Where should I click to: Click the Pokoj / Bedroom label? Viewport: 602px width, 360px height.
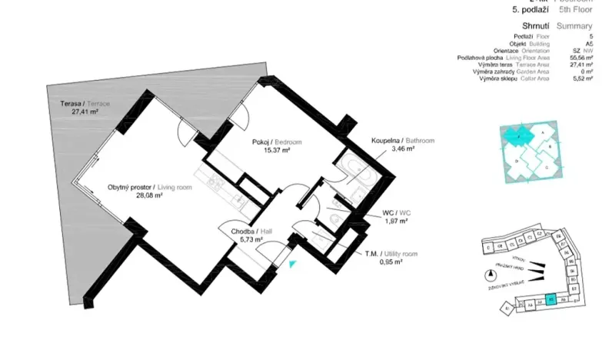pyautogui.click(x=277, y=142)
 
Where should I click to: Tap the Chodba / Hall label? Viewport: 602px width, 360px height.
pyautogui.click(x=242, y=230)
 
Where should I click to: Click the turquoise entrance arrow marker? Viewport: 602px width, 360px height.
pyautogui.click(x=292, y=265)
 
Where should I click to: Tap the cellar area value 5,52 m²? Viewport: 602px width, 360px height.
pyautogui.click(x=585, y=78)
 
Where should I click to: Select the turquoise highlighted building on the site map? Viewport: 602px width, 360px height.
pyautogui.click(x=550, y=301)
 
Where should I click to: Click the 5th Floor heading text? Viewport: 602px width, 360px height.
pyautogui.click(x=575, y=11)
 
